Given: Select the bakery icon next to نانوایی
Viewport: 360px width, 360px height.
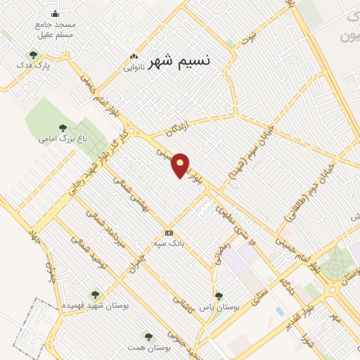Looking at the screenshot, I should coord(131,57).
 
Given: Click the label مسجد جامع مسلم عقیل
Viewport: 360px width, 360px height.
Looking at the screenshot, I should coord(56,28).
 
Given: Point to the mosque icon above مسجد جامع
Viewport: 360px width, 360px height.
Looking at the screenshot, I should coord(56,14).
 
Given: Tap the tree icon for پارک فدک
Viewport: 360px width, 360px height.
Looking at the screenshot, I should coord(32,54).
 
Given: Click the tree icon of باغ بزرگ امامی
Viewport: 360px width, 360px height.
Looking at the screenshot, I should coord(63,127).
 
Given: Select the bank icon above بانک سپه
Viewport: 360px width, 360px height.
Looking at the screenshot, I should coord(169,233).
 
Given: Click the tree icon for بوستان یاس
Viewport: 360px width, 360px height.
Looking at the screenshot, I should coord(219,296).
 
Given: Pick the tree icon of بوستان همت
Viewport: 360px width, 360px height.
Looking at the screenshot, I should coord(148,336).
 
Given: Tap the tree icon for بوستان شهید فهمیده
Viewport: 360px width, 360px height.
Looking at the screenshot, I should coord(95,295).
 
